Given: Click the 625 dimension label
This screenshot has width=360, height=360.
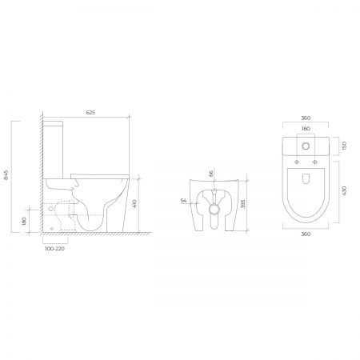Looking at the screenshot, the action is click(x=90, y=113).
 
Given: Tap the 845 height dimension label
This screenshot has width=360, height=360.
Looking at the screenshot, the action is click(x=6, y=175).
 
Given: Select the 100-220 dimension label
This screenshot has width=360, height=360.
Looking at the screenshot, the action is click(x=54, y=249).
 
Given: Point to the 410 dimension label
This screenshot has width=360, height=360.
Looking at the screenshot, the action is click(x=134, y=204).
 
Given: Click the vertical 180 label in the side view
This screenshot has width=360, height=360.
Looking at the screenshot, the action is click(x=25, y=221).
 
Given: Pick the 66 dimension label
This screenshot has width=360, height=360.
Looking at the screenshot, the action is click(x=210, y=174).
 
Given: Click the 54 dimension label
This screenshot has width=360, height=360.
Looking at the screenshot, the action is click(x=183, y=201).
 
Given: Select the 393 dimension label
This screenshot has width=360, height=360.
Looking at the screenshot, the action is click(x=242, y=204).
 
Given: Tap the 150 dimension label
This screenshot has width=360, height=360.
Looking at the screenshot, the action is click(x=344, y=146).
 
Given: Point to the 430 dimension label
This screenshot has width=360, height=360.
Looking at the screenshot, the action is click(x=344, y=191).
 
